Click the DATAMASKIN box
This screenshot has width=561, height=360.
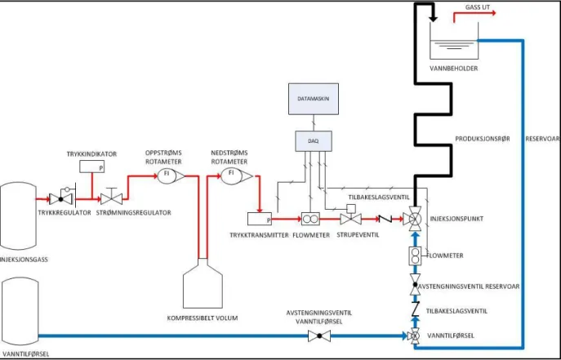pos(314,99)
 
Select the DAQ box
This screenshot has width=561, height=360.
pos(314,141)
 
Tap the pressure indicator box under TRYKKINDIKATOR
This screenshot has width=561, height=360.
pos(92,167)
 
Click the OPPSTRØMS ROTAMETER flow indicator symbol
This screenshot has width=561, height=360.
pos(171,176)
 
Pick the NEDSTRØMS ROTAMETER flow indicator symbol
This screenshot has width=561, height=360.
pos(236,176)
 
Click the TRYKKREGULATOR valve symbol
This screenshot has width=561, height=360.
pos(60,198)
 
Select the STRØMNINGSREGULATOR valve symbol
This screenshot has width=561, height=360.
pos(111,198)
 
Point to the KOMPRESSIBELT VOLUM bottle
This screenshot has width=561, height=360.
pos(203,283)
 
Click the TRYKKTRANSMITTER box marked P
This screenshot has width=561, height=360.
pos(260,219)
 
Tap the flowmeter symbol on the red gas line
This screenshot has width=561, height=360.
pos(310,219)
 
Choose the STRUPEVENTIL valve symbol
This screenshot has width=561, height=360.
pos(350,217)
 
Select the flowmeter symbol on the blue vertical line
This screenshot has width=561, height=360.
pos(415,256)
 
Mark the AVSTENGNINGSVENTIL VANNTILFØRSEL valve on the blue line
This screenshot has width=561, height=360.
pos(319,336)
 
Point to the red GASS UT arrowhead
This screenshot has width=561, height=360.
pos(494,13)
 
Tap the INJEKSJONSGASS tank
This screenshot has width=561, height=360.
pos(18,216)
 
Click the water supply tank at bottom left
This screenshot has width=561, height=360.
pos(20,312)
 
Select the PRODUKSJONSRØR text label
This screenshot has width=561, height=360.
pos(483,139)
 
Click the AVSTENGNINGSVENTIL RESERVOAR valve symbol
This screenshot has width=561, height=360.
pos(415,285)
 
